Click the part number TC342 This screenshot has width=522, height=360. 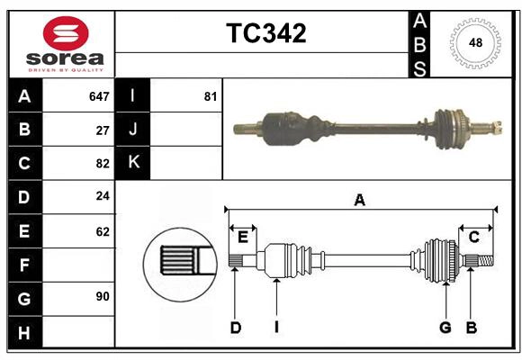coord(265,33)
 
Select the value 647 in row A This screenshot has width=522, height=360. coord(99,96)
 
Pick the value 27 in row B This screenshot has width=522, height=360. coord(103,130)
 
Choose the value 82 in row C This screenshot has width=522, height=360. coord(103,164)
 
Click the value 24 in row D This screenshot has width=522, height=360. coord(103,197)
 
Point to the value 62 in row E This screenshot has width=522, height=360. coord(103,231)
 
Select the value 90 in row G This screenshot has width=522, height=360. coord(103,296)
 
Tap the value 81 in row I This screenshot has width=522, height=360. coord(211,96)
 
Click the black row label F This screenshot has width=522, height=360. coord(24,265)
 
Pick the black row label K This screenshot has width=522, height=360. coord(133,163)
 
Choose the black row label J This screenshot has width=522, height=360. coord(133,130)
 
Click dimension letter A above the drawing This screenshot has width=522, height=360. coord(359,201)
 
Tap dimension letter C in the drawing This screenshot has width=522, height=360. coord(473,237)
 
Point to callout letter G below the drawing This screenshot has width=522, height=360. coord(445,328)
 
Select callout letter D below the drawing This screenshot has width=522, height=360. coord(235,328)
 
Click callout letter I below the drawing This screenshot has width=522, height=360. coord(277,328)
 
